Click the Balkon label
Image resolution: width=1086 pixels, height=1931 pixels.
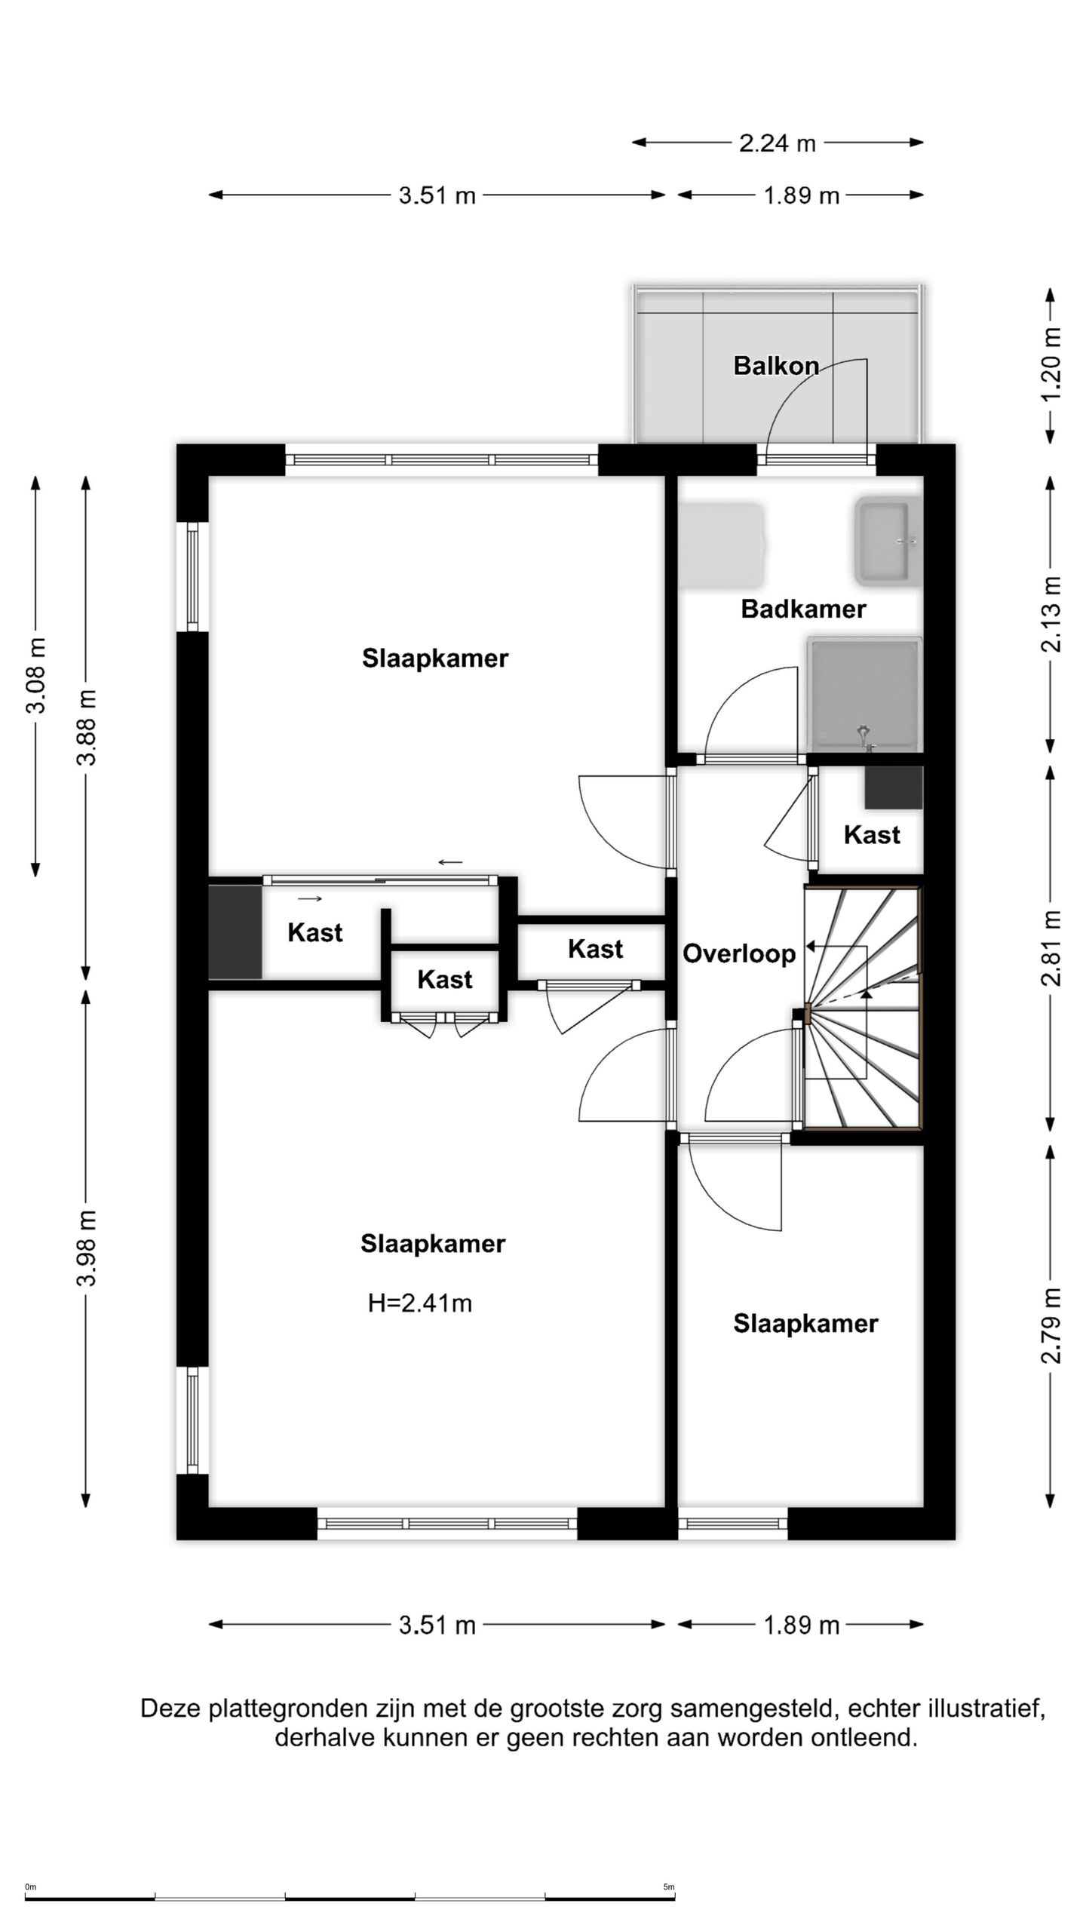coord(776,366)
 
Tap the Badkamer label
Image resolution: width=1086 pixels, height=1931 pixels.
coord(803,609)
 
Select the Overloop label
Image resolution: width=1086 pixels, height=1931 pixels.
coord(739,953)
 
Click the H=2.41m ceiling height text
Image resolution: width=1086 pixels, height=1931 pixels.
coord(419,1303)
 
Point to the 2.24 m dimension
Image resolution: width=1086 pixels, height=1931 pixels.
coord(778,143)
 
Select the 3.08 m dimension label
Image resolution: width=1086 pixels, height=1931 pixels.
coord(36,676)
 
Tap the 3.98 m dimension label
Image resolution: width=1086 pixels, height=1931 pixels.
coord(87,1248)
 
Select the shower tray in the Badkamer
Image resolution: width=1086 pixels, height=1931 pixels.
coord(864,694)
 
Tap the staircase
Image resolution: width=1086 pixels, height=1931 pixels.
coord(863,1008)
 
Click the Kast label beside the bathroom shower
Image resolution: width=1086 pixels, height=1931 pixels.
coord(872,835)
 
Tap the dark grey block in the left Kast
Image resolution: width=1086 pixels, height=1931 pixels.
coord(235,932)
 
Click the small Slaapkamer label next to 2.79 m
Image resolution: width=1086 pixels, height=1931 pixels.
coord(805,1324)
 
